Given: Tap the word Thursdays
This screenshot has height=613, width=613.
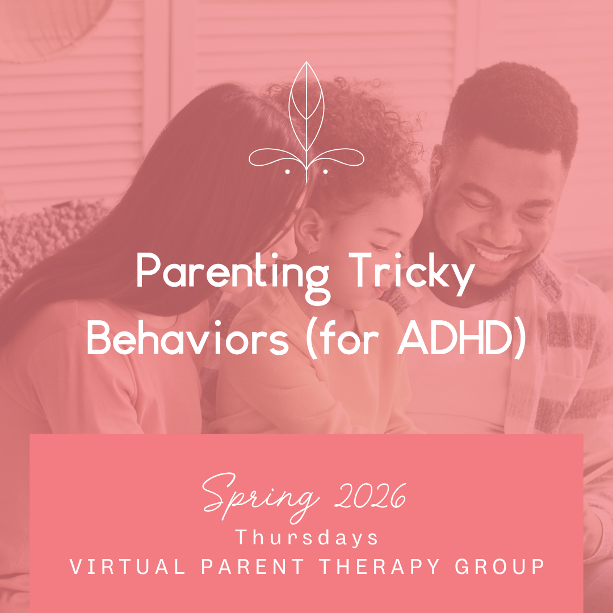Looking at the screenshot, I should [x=307, y=538].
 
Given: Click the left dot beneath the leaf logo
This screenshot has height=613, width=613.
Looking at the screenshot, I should [x=288, y=170].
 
